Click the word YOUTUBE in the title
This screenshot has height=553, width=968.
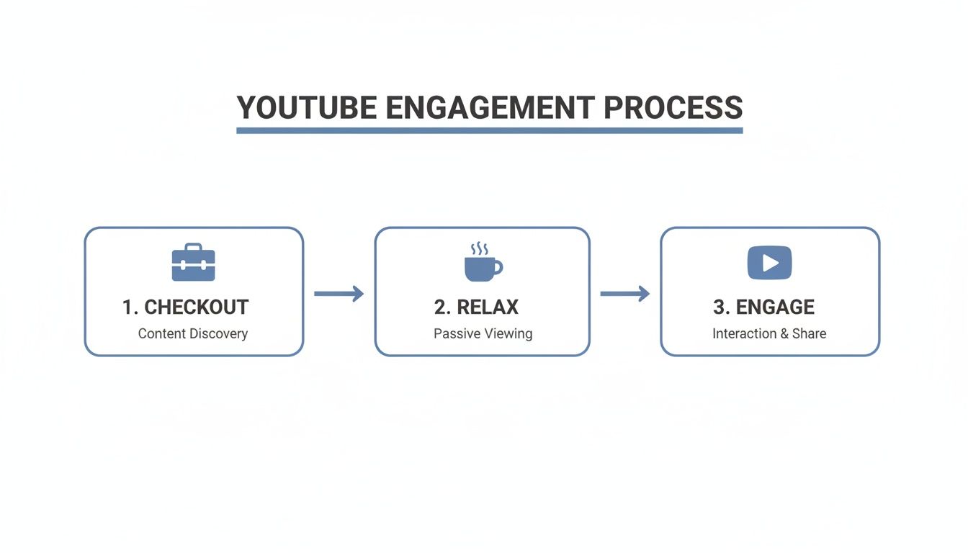pos(307,108)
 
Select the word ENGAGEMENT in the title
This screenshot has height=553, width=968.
pos(490,108)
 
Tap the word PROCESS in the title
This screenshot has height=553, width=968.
pos(673,108)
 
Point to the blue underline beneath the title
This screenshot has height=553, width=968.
pos(490,130)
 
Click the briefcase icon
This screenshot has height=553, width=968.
pos(193,262)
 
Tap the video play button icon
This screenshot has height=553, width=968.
pos(769,263)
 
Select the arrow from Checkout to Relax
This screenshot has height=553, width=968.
pos(339,293)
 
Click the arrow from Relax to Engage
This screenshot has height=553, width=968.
pos(624,293)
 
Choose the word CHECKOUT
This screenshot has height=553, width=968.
pos(196,307)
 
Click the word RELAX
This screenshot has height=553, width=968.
pos(488,307)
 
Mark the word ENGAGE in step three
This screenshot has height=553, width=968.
pos(774,307)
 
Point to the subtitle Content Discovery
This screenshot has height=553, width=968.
pos(193,333)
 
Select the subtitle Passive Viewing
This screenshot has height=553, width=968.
pos(483,333)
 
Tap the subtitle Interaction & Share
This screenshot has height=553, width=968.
pos(769,333)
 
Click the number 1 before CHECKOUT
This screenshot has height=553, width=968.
pos(128,307)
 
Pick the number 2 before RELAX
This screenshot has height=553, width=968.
pos(439,307)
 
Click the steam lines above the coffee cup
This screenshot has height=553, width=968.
pos(479,249)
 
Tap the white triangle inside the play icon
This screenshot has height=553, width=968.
pos(771,263)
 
